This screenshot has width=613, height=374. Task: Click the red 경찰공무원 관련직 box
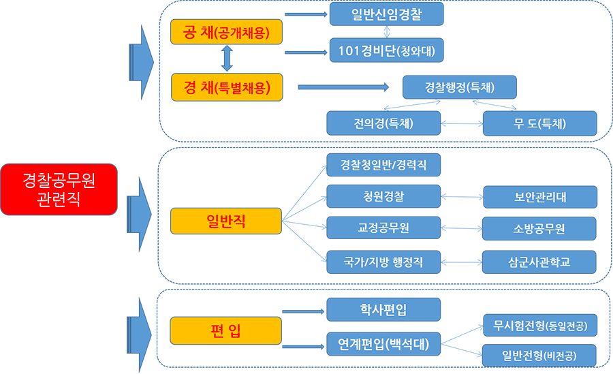click(x=59, y=189)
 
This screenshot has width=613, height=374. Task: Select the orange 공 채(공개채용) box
click(x=225, y=33)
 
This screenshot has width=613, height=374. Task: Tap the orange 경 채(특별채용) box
click(x=225, y=87)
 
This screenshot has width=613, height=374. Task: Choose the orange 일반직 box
click(x=225, y=221)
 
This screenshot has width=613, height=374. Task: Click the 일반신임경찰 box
click(x=386, y=14)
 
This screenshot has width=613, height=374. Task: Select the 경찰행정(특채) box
click(x=459, y=87)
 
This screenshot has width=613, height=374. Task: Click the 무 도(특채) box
click(x=539, y=123)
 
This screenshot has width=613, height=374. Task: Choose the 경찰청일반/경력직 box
click(x=383, y=165)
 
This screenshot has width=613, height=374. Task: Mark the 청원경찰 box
click(x=383, y=196)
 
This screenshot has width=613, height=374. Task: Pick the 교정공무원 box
click(x=383, y=228)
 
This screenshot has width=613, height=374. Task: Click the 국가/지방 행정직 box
click(x=383, y=262)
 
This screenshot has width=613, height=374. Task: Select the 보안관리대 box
click(x=539, y=198)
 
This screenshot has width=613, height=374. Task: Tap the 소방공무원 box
click(x=539, y=230)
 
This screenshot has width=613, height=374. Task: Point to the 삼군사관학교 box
click(x=539, y=262)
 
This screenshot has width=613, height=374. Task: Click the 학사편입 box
click(x=383, y=309)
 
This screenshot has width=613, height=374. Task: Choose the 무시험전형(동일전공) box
click(x=539, y=324)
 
